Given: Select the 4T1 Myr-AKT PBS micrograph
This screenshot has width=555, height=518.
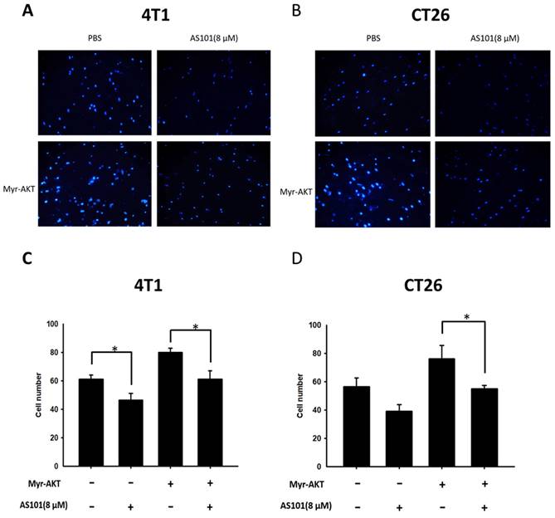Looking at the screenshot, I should [94, 184].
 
